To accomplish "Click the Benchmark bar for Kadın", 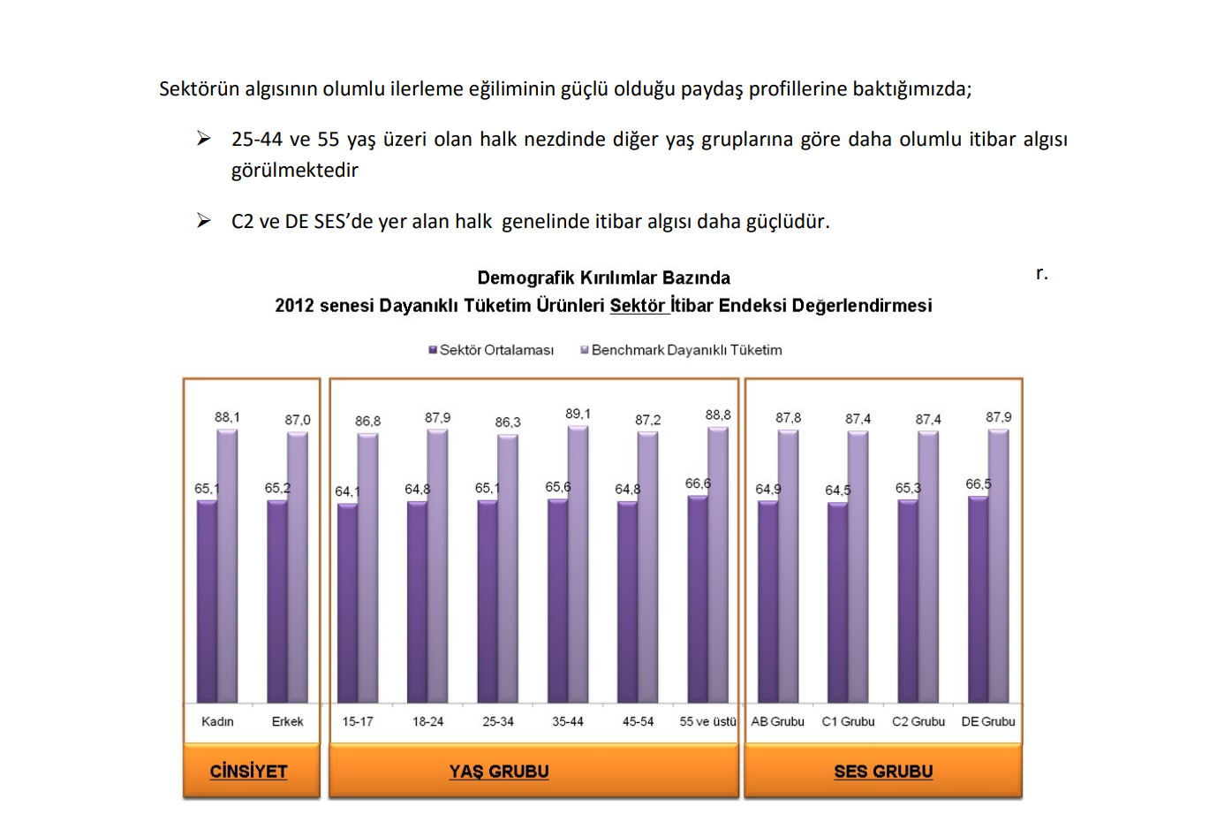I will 227,566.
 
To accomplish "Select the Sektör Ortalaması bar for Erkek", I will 276,601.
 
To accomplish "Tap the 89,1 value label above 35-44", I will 578,414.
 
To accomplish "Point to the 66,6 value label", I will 698,483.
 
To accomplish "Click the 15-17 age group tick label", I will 358,721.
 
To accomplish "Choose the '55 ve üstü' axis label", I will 707,721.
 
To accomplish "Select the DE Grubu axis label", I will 987,721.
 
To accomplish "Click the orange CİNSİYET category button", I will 251,771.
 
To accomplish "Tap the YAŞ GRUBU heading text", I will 499,772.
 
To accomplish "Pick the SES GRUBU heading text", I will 883,772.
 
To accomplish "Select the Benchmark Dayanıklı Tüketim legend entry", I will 681,350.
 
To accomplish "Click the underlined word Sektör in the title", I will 638,306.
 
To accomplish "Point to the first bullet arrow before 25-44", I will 204,139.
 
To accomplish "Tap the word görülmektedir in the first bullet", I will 295,170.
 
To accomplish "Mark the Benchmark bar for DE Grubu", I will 999,566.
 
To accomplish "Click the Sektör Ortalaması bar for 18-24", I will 417,601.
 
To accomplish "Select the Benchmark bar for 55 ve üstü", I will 718,566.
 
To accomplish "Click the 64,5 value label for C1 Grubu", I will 838,490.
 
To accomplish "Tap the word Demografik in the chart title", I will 525,278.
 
